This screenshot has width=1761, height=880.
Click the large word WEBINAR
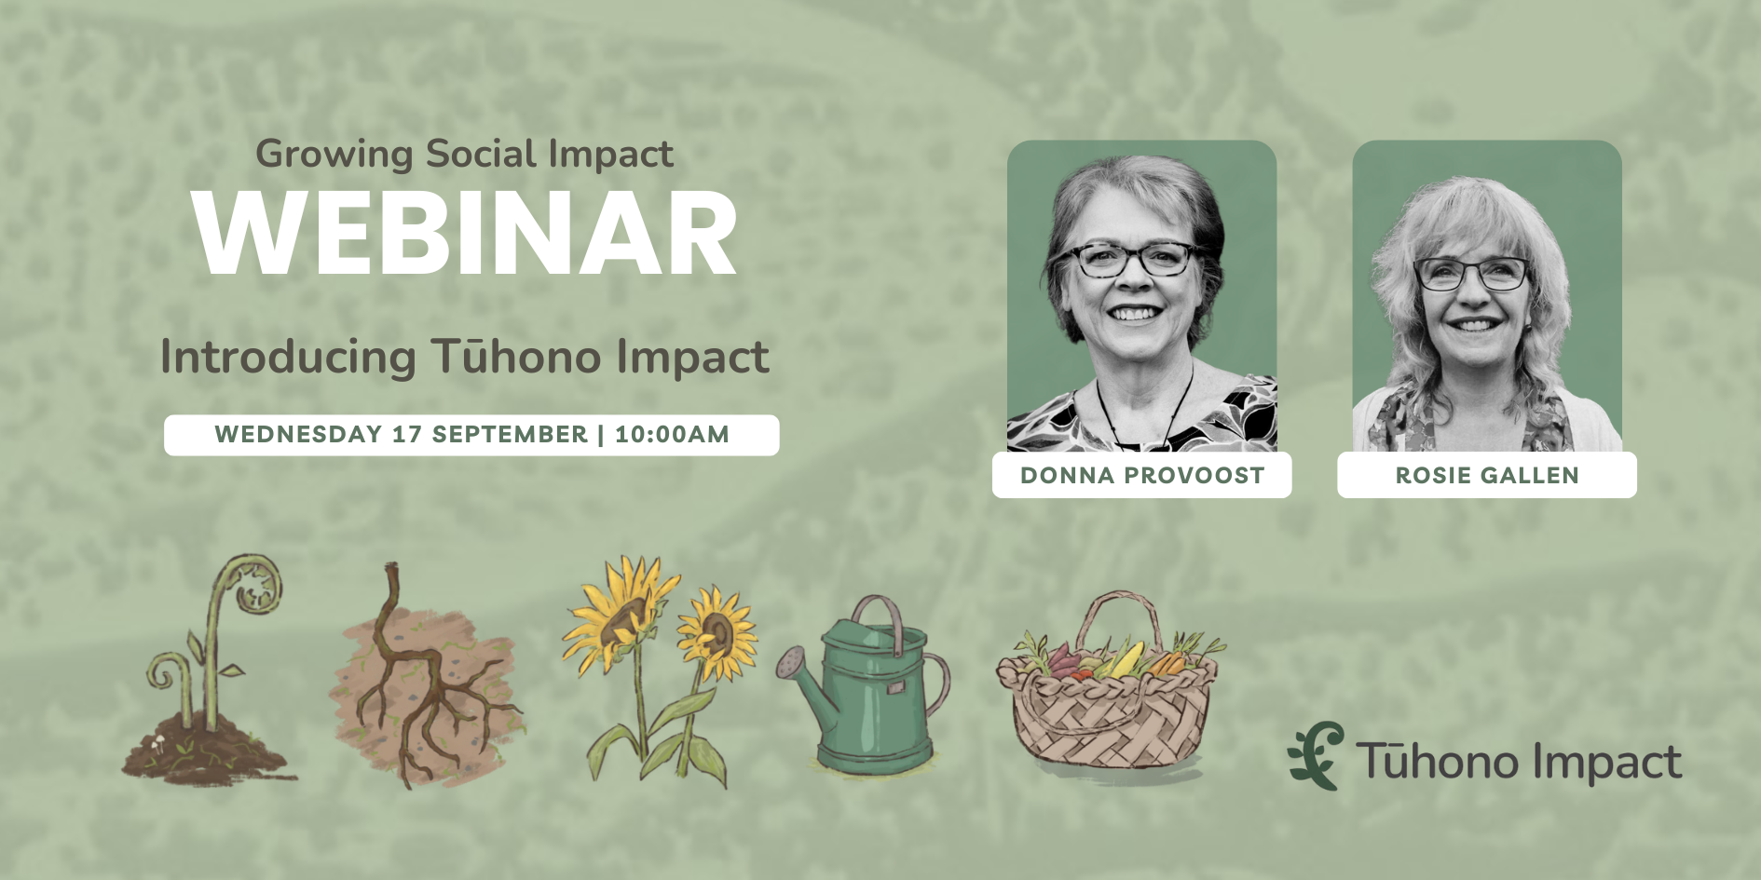click(465, 233)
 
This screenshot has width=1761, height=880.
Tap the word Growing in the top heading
click(334, 155)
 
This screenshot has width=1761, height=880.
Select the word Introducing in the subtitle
click(288, 358)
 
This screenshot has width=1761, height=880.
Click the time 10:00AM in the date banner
click(672, 434)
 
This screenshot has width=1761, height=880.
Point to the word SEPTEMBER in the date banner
click(510, 434)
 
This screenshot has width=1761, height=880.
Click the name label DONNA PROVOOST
click(1142, 475)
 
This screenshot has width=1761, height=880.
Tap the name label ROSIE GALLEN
click(1487, 475)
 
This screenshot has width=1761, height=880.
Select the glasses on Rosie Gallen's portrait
click(1471, 274)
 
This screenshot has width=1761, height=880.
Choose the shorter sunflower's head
click(717, 633)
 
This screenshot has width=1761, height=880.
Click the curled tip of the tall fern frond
click(253, 582)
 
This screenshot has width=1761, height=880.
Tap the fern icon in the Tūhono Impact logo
click(1316, 755)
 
